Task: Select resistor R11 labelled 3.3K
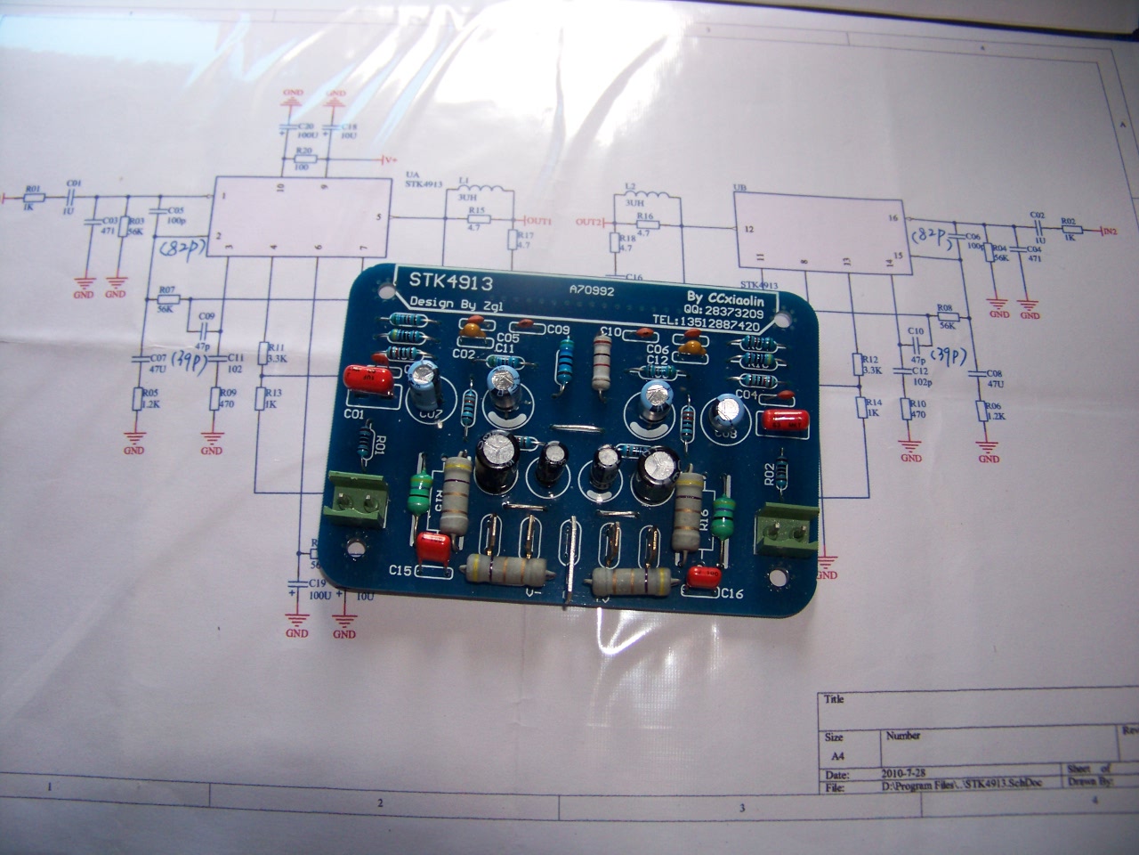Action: pyautogui.click(x=263, y=355)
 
